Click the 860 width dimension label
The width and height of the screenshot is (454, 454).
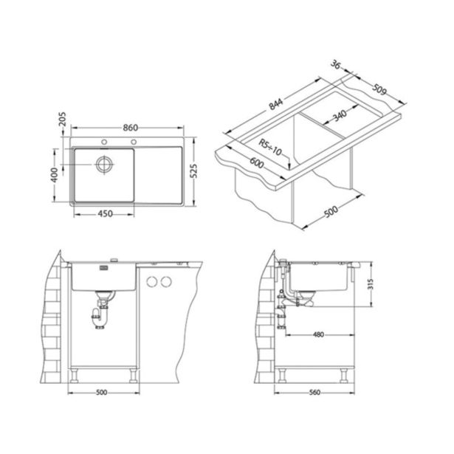130,128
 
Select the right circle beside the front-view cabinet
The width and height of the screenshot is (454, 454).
168,281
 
